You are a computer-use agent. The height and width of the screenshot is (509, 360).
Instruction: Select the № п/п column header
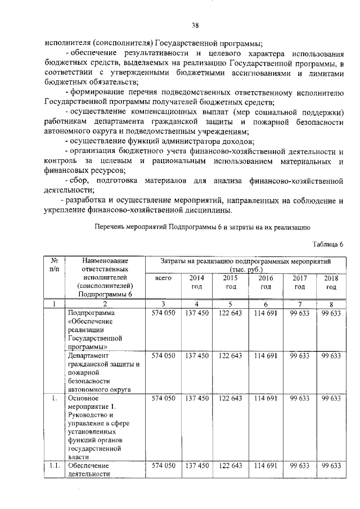[x=55, y=265]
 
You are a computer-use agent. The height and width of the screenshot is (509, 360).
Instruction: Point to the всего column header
[x=163, y=278]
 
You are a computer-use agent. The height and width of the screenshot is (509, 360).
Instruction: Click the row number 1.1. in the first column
[x=55, y=466]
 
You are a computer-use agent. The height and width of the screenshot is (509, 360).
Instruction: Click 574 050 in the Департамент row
[x=163, y=356]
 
